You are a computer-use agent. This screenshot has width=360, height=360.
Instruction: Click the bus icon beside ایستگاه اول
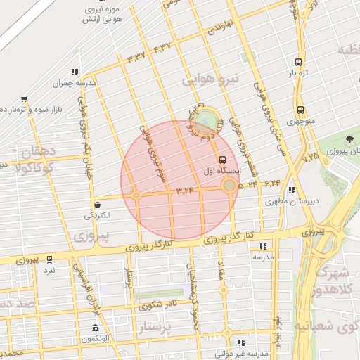click(x=222, y=159)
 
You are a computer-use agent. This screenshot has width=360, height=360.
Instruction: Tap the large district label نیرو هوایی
click(x=212, y=79)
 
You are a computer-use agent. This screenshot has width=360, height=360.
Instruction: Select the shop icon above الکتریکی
click(x=96, y=205)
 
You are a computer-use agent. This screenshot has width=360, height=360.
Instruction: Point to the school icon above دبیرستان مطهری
click(x=292, y=189)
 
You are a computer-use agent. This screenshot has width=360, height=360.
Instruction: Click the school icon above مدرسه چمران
click(x=75, y=71)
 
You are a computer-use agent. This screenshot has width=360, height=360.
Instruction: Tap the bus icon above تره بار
click(x=300, y=62)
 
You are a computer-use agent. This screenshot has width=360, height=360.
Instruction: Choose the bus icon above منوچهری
click(x=300, y=110)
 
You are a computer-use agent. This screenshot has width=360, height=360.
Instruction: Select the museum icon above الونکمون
click(x=96, y=328)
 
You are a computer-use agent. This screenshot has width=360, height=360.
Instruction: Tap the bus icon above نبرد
click(x=49, y=259)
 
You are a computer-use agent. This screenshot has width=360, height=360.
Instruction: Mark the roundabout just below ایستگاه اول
click(x=229, y=186)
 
